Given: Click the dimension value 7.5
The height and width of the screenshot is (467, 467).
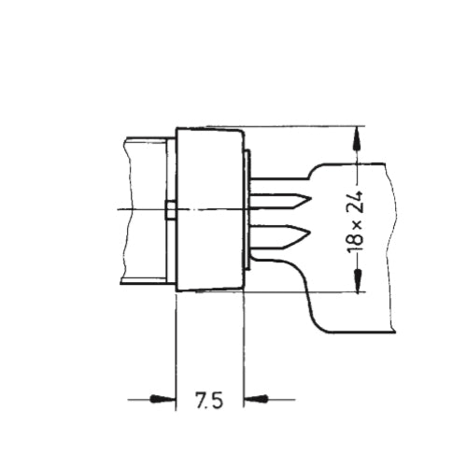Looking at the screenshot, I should [x=209, y=402].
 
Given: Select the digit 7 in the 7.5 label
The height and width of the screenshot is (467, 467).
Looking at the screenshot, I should [x=201, y=402].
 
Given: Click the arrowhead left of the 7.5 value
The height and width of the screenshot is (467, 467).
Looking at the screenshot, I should [x=164, y=400].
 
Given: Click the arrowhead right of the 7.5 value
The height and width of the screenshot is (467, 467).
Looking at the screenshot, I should [x=255, y=400].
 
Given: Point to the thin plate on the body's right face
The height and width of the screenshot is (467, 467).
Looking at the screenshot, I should [x=247, y=209].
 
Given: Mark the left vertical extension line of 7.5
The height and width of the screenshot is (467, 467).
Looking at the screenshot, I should [x=176, y=346].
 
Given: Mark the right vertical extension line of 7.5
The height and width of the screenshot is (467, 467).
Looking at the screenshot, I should [x=244, y=346].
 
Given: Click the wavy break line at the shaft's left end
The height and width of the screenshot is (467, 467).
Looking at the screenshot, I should [x=124, y=210].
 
